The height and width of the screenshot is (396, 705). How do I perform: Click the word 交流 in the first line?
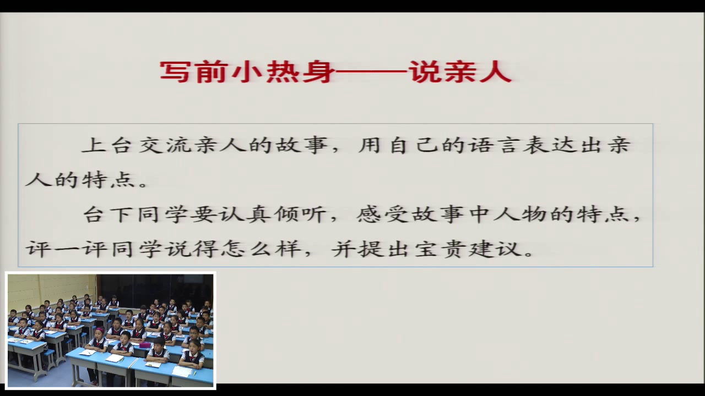(x=165, y=145)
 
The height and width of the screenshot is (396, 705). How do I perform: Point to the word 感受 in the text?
(x=383, y=215)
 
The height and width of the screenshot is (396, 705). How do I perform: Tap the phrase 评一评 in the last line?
(x=66, y=249)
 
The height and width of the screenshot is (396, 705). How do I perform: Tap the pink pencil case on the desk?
(x=144, y=345)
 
